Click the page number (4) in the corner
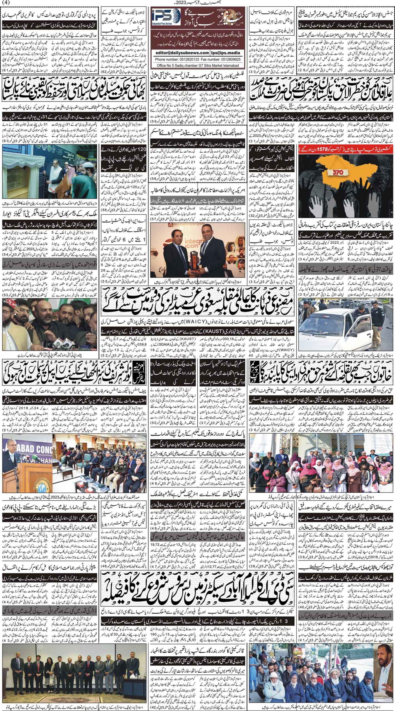[x=6, y=2]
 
